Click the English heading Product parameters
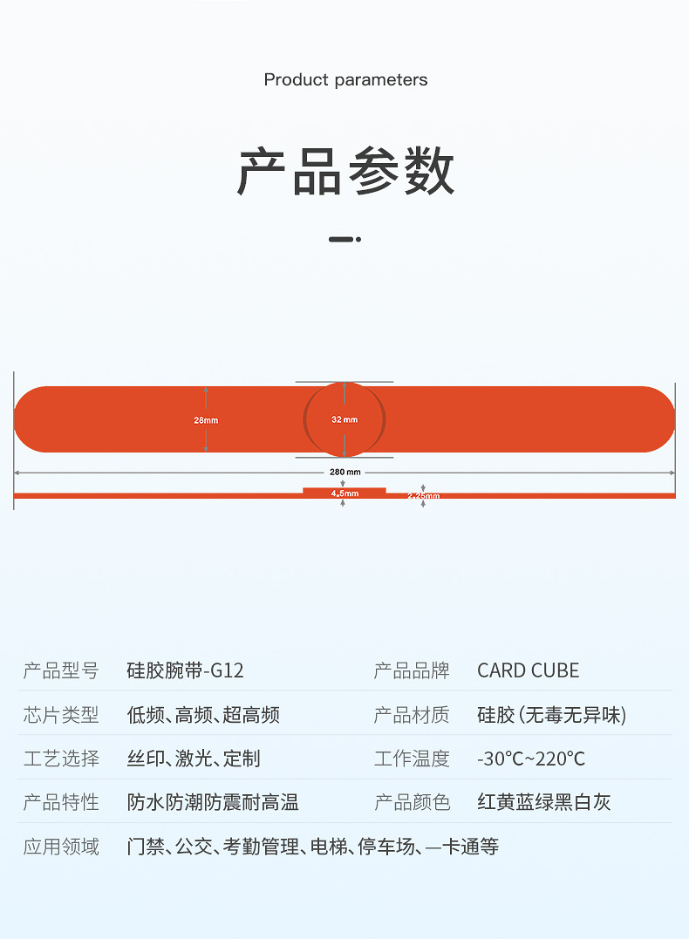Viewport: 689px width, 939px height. pyautogui.click(x=345, y=80)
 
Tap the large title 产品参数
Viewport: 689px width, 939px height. pyautogui.click(x=345, y=172)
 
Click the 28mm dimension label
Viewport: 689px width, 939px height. pyautogui.click(x=206, y=420)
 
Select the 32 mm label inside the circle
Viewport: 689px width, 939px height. pyautogui.click(x=344, y=419)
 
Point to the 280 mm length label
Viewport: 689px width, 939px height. pyautogui.click(x=344, y=472)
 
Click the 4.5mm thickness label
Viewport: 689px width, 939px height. pyautogui.click(x=344, y=493)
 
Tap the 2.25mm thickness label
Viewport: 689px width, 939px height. pyautogui.click(x=424, y=496)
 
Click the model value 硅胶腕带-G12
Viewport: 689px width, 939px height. pyautogui.click(x=186, y=670)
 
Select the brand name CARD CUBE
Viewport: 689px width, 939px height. pyautogui.click(x=528, y=670)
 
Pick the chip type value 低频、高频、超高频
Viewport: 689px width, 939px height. pyautogui.click(x=203, y=715)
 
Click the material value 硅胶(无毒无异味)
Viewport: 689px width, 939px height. pyautogui.click(x=552, y=715)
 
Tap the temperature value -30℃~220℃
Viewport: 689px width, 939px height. pyautogui.click(x=530, y=759)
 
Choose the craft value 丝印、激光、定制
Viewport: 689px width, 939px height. pyautogui.click(x=194, y=759)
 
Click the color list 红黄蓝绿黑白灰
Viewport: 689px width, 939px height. pyautogui.click(x=544, y=802)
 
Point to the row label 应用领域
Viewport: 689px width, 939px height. pyautogui.click(x=61, y=846)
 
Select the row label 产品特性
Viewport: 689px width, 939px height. pyautogui.click(x=61, y=802)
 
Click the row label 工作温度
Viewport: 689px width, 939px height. pyautogui.click(x=412, y=759)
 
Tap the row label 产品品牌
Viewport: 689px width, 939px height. pyautogui.click(x=412, y=670)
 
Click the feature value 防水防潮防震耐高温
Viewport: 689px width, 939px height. pyautogui.click(x=213, y=802)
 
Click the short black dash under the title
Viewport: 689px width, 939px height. pyautogui.click(x=341, y=239)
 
